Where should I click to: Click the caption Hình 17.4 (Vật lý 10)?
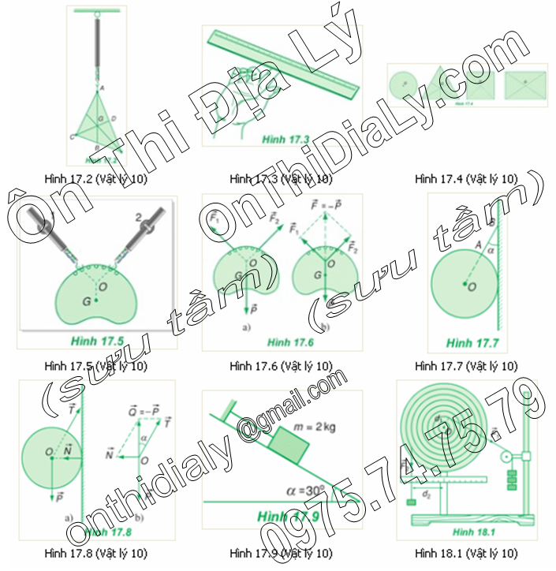coord(466,179)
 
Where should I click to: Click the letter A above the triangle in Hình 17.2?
coord(103,89)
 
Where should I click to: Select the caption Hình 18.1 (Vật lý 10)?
coord(466,552)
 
